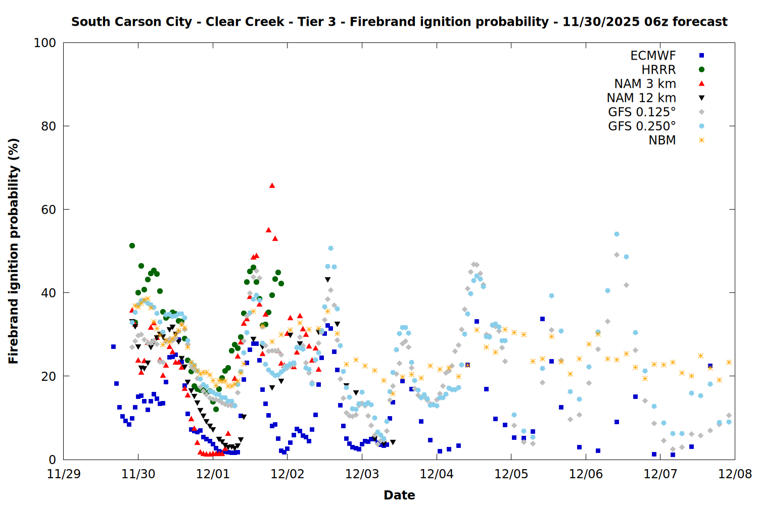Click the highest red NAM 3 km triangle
272,185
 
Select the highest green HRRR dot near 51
132,245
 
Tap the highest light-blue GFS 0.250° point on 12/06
617,234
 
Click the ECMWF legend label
653,56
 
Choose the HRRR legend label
658,70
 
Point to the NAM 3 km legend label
645,84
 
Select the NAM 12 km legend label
641,98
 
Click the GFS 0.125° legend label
642,112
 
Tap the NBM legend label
662,140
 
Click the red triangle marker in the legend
701,84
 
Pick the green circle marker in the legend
701,70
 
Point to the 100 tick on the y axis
45,43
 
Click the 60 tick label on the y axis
48,210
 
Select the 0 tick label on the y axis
52,460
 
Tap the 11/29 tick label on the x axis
64,474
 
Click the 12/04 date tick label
437,474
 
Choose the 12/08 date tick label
735,474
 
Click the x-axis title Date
399,495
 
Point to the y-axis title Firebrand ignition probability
14,251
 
